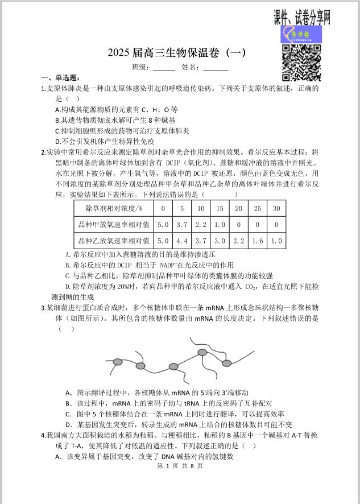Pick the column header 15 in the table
pos(220,208)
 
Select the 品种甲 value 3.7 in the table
pos(182,225)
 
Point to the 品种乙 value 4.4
pos(182,241)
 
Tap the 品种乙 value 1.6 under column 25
pos(258,241)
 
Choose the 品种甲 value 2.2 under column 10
pos(201,225)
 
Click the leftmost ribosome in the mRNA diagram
pos(118,362)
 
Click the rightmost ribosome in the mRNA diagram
pos(226,363)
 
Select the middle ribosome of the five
pos(174,367)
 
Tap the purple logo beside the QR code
pos(294,35)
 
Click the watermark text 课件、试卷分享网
pos(302,18)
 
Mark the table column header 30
pos(276,208)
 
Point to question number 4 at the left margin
pos(43,435)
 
